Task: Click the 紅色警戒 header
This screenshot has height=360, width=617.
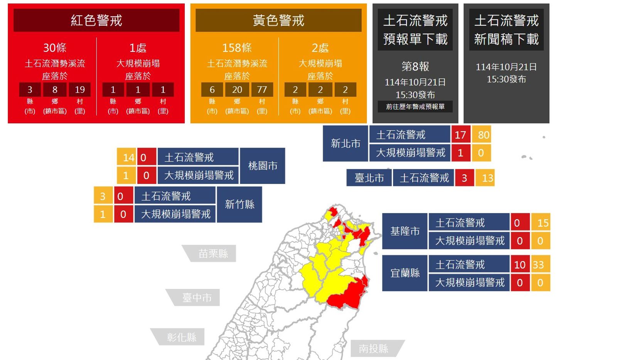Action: tap(96, 20)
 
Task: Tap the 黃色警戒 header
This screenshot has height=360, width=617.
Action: tap(278, 20)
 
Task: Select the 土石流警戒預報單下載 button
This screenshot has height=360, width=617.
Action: tap(415, 30)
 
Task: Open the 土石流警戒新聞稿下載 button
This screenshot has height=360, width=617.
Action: tap(506, 30)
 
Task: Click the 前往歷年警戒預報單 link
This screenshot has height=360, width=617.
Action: tap(415, 106)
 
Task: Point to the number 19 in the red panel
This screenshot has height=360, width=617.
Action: tap(80, 90)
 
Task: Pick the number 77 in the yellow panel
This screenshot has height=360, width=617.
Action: tap(262, 90)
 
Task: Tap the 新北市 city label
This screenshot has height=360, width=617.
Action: tap(346, 144)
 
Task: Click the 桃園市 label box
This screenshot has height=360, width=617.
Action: tap(263, 166)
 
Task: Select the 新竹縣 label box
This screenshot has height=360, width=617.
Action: tap(239, 205)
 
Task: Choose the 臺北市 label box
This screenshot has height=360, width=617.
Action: tap(369, 178)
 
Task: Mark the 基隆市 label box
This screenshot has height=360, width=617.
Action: tap(405, 231)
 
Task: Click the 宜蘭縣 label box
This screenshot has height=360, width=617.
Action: tap(405, 273)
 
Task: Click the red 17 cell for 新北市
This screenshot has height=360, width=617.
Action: tap(460, 135)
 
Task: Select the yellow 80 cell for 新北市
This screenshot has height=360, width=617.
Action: tap(483, 135)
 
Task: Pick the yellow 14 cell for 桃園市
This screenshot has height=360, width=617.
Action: tap(127, 157)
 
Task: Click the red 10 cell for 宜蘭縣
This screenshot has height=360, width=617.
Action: tap(520, 265)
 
